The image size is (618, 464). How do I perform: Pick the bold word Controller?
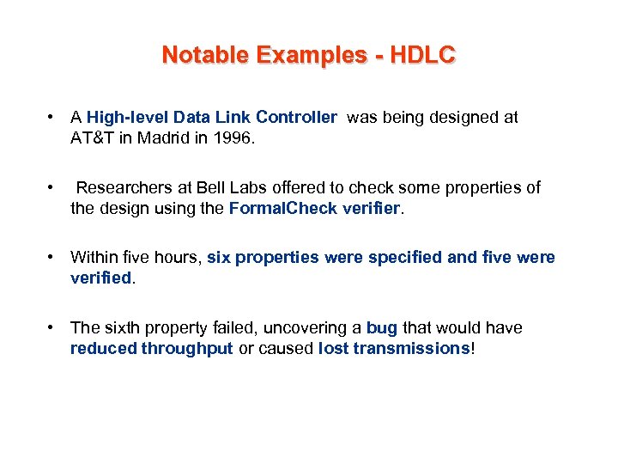click(x=296, y=118)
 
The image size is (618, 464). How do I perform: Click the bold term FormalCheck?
click(x=274, y=208)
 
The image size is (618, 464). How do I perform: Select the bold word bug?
click(x=381, y=328)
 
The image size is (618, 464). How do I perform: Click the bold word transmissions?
click(x=416, y=348)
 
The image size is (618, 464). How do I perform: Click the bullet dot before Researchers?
click(x=52, y=188)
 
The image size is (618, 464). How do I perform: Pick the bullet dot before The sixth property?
click(x=52, y=328)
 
